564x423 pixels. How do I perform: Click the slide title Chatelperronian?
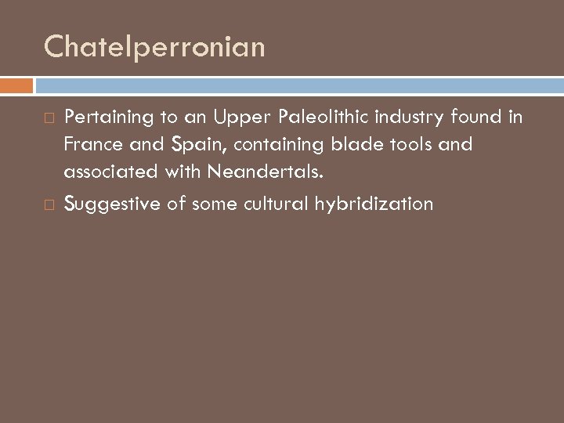click(x=154, y=48)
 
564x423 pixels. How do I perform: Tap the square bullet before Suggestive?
click(x=50, y=205)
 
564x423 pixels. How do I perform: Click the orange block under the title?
click(x=16, y=85)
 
